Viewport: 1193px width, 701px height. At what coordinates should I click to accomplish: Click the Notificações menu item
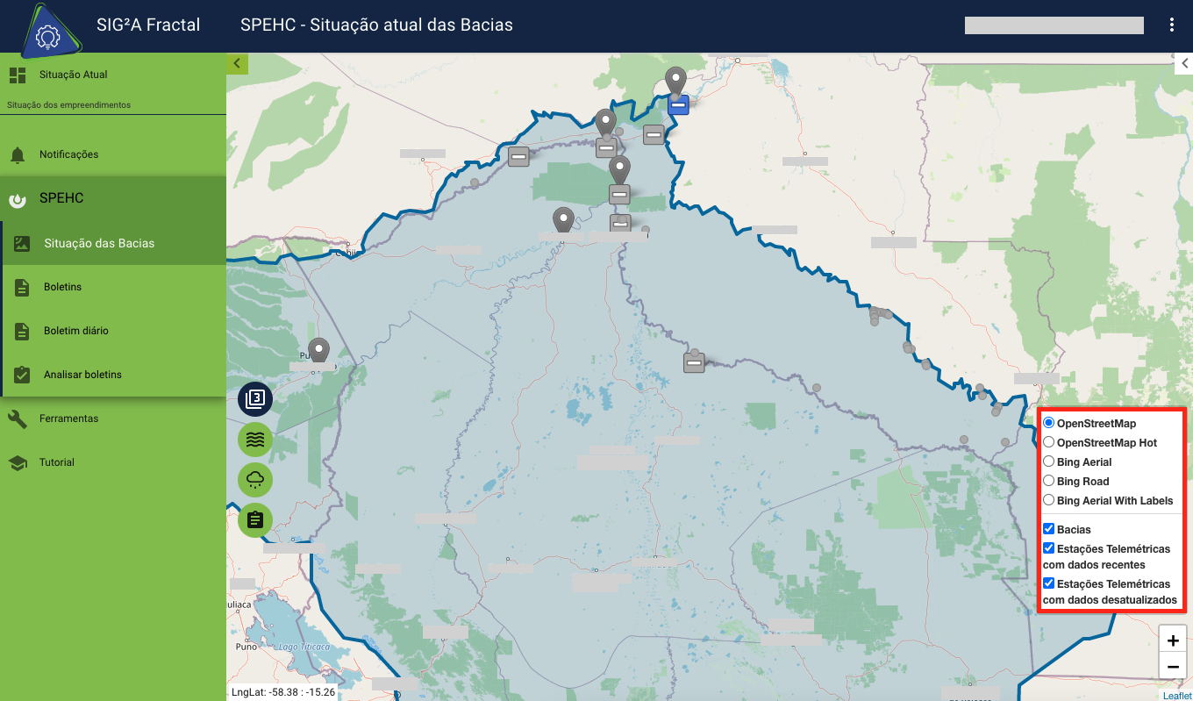(68, 154)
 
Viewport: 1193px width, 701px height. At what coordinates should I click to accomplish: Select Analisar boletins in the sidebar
(82, 375)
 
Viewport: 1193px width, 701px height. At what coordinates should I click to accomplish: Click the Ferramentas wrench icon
(18, 418)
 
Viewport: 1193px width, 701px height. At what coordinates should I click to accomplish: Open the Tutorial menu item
(56, 462)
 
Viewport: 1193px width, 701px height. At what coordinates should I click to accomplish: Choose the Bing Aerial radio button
(1049, 461)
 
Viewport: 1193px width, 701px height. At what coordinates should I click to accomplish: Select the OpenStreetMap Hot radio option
(1049, 442)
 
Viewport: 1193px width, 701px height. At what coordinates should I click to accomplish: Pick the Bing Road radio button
(1049, 481)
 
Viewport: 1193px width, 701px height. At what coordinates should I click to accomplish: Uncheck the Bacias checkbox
(1049, 529)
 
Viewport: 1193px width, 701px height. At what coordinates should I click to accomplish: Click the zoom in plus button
(1173, 640)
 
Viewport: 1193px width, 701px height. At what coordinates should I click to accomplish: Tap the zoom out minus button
(1173, 667)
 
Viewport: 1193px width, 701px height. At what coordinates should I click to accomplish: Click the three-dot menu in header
(1172, 25)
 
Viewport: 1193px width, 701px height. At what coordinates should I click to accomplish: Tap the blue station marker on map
(678, 105)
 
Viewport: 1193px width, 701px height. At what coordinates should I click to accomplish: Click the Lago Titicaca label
(301, 647)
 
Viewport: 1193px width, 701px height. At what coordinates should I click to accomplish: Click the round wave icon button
(255, 439)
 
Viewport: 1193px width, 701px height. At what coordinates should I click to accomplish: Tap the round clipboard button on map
(255, 519)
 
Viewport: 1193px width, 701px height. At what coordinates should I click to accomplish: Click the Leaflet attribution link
(1177, 696)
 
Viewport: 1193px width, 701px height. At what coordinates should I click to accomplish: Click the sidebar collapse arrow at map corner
(237, 63)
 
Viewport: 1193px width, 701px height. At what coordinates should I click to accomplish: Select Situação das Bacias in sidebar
(99, 243)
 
